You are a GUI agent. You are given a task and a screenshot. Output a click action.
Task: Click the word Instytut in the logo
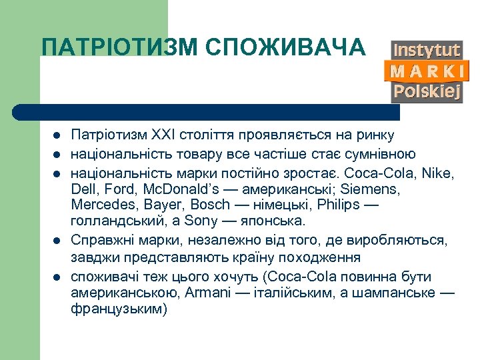(427, 50)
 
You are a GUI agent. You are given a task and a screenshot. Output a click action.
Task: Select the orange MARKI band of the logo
(427, 71)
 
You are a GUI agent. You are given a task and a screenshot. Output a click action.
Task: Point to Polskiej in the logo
(427, 91)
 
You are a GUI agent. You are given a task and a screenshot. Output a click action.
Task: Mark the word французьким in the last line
(119, 309)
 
